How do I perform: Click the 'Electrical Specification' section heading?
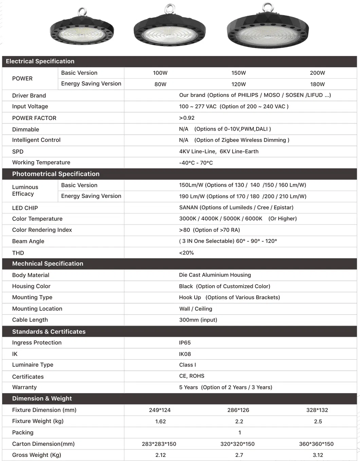tap(40, 62)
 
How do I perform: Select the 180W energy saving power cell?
tap(317, 84)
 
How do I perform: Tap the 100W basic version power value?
tap(160, 73)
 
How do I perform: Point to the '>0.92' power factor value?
tap(187, 118)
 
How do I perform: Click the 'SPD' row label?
tap(18, 152)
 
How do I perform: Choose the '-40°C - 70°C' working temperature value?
tap(196, 163)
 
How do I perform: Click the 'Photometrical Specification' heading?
tap(56, 174)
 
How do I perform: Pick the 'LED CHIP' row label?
tap(25, 208)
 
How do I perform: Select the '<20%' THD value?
tap(186, 253)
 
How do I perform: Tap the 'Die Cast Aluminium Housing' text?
tap(215, 275)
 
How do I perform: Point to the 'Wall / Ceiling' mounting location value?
tap(196, 309)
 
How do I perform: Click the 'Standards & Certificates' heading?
tap(49, 332)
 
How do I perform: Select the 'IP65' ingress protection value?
tap(185, 343)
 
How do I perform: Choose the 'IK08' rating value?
tap(185, 354)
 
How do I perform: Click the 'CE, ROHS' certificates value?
tap(192, 376)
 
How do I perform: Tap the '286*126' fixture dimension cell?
tap(238, 410)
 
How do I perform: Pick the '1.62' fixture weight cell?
tap(160, 422)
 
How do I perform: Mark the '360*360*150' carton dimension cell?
tap(316, 444)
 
